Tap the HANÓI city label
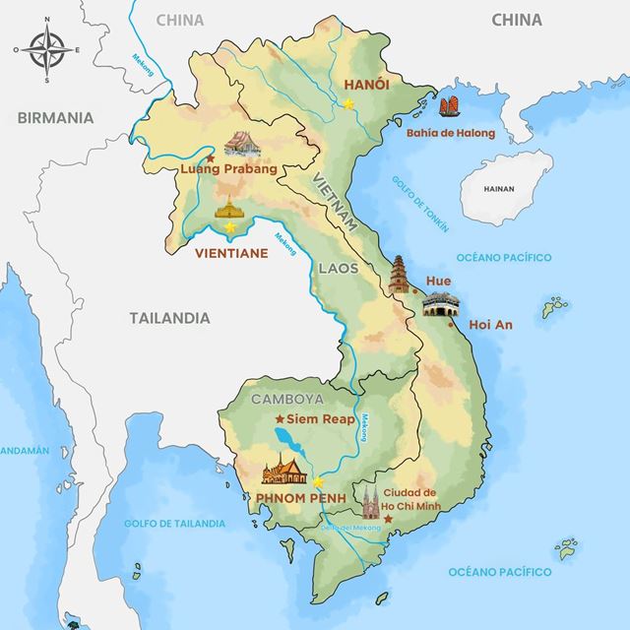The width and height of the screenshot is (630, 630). pos(365,85)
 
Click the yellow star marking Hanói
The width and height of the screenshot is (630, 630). pos(347,102)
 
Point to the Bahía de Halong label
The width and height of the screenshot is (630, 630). pos(450,133)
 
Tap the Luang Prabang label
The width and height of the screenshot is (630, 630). pos(225,169)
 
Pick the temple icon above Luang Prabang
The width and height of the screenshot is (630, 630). pos(241,145)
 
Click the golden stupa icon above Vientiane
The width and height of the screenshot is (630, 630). pos(229,208)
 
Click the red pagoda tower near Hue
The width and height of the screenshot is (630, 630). pos(400,277)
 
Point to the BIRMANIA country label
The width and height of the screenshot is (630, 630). pos(55,117)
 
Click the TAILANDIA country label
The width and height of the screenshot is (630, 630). pos(169,318)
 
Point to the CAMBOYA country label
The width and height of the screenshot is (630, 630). pos(286,399)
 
